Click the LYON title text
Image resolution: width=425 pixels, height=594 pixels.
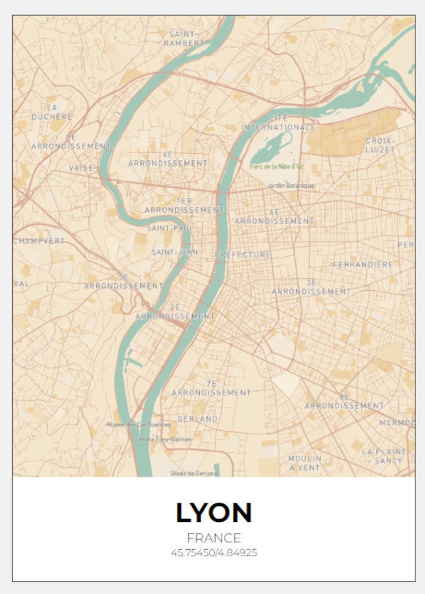point(214,513)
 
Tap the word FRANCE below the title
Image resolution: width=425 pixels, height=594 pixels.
point(214,538)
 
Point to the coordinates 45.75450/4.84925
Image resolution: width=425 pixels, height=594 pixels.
point(214,553)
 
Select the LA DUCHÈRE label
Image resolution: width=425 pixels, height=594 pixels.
point(52,112)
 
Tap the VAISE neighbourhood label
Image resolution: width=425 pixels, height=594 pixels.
point(81,168)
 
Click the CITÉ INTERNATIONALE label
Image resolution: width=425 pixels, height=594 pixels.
point(278,122)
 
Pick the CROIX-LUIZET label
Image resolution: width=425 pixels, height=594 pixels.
point(380,145)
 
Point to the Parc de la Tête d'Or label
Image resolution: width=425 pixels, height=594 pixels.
point(277,166)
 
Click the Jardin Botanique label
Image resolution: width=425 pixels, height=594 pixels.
point(291,186)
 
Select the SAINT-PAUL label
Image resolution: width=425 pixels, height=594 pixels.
point(170,228)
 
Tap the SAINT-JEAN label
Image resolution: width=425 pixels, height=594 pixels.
point(174,251)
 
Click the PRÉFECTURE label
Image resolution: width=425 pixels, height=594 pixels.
point(244,254)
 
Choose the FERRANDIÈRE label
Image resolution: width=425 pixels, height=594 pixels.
point(363,264)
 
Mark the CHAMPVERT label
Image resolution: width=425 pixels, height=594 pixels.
point(39,241)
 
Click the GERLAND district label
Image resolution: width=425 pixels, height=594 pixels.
point(198,419)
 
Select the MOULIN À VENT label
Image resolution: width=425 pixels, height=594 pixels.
point(305,462)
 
